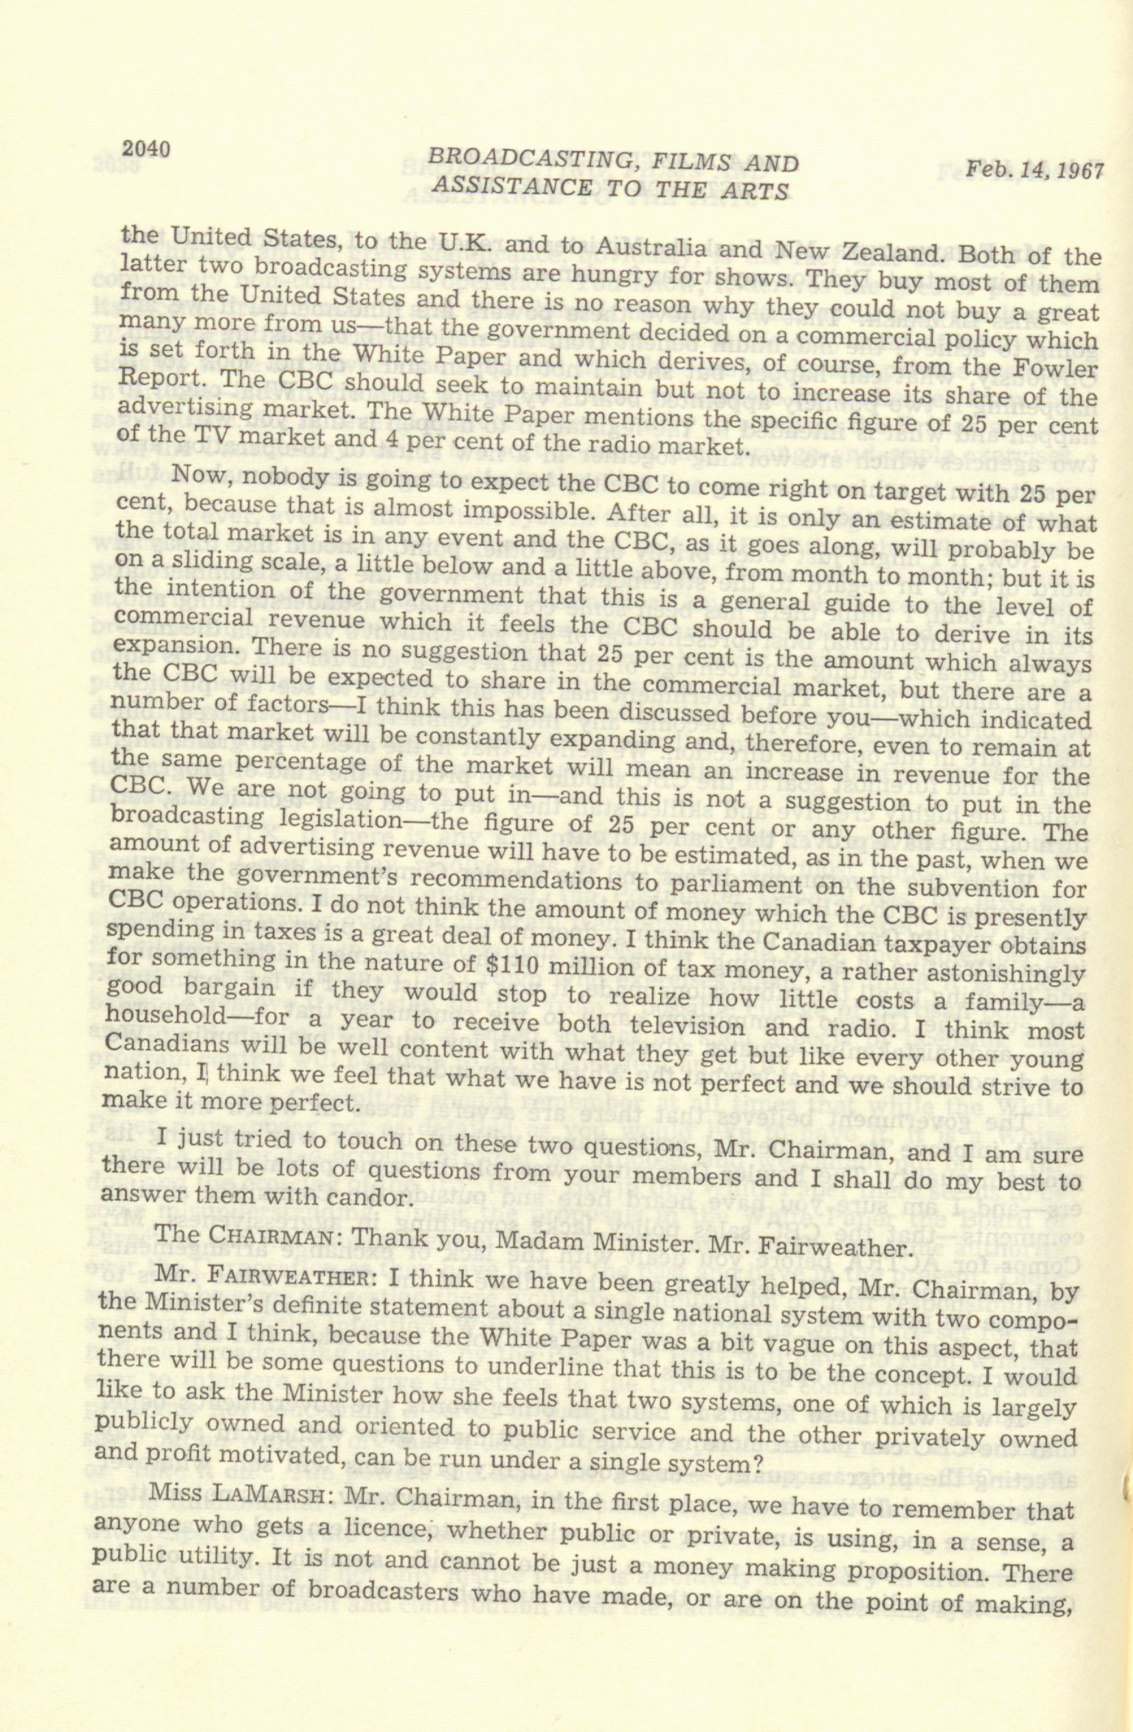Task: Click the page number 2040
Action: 146,149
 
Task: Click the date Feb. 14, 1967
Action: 1035,171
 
